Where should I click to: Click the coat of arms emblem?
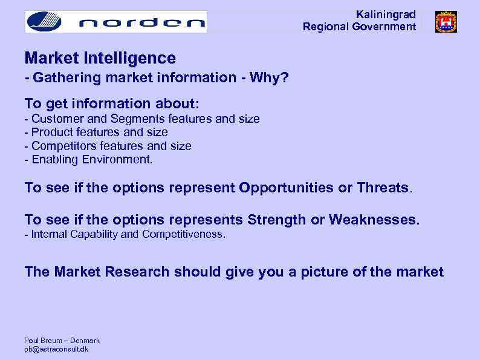[x=446, y=22]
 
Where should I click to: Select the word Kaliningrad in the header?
[x=386, y=15]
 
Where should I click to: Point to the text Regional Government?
[x=359, y=27]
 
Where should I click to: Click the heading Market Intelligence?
[x=100, y=58]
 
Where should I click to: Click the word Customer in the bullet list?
[x=54, y=119]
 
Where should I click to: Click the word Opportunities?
[x=287, y=188]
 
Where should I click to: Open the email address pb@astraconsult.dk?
[x=56, y=349]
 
